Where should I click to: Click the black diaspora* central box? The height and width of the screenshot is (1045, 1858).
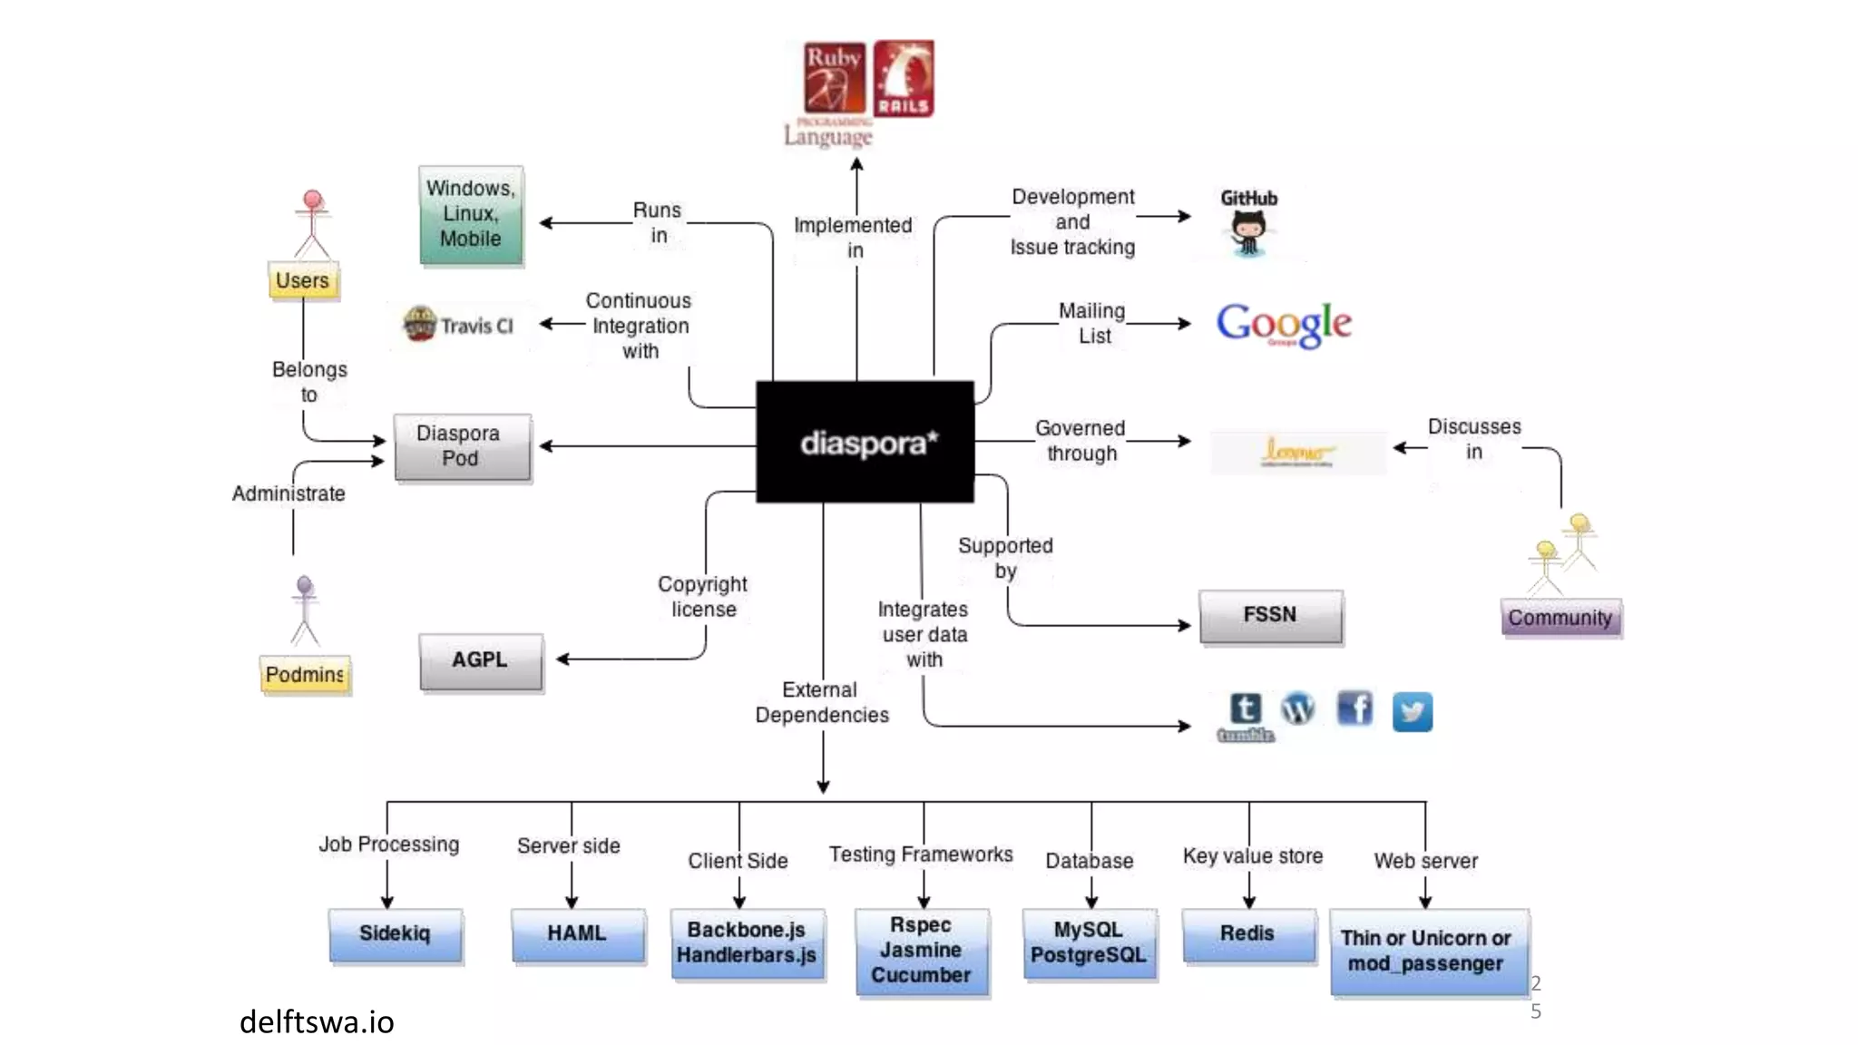coord(865,442)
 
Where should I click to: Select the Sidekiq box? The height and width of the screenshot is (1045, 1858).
coord(395,934)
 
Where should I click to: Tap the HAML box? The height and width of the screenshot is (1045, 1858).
coord(578,934)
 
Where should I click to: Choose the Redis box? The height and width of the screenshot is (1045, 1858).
coord(1248,934)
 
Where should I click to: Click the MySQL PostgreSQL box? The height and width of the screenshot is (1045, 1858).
coord(1089,943)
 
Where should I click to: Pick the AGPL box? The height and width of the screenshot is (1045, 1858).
coord(481,661)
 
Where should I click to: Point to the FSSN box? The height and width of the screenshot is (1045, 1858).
coord(1270,616)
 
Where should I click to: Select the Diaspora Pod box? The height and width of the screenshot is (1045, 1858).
coord(461,446)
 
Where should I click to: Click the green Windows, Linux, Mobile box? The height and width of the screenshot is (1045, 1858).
coord(471,215)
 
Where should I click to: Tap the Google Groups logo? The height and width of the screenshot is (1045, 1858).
coord(1284,324)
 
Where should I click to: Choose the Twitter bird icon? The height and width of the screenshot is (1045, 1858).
coord(1412,712)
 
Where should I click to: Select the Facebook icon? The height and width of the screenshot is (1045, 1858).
coord(1354,708)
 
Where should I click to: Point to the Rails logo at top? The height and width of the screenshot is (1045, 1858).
coord(904,79)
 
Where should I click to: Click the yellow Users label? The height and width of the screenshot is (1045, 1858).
coord(303,281)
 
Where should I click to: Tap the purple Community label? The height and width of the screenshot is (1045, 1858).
coord(1560,619)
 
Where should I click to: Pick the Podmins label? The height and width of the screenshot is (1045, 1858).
coord(305,675)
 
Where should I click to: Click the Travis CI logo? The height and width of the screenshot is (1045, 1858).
coord(458,325)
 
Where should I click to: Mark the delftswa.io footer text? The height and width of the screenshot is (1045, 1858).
coord(317,1022)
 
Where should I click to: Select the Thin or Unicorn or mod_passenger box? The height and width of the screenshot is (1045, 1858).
coord(1426,951)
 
